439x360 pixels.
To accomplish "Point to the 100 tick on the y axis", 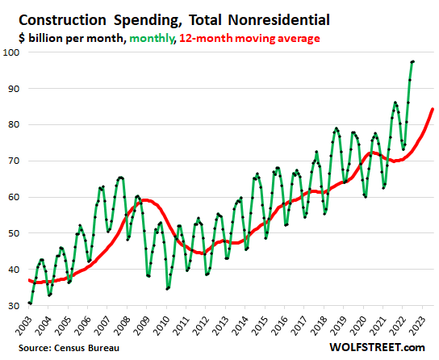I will pos(13,52).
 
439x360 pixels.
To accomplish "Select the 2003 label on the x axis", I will pos(30,325).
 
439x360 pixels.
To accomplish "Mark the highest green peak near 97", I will pos(413,61).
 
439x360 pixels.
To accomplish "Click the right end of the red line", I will pos(433,109).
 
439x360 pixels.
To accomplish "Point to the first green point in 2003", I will pos(30,303).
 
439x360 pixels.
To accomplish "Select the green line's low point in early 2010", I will pos(168,288).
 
